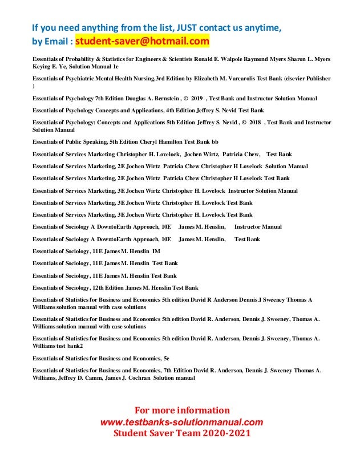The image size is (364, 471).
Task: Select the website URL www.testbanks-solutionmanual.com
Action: click(x=181, y=422)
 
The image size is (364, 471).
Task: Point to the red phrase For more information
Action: click(x=181, y=411)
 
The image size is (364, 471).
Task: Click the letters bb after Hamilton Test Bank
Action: click(x=208, y=143)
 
